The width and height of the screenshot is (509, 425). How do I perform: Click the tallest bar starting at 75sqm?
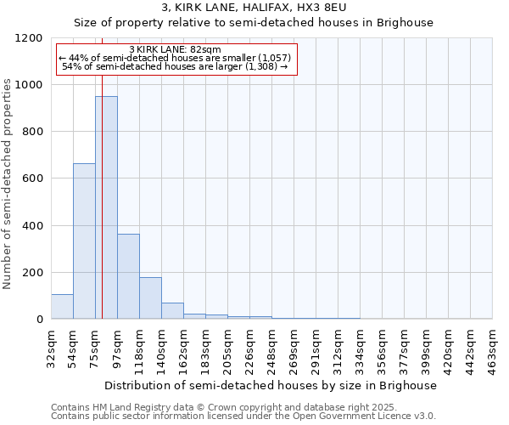tap(106, 207)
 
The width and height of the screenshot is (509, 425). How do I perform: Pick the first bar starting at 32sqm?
tap(62, 307)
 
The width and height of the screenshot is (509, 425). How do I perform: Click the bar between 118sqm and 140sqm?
tap(150, 298)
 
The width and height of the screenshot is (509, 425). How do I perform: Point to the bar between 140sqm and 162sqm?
tap(172, 311)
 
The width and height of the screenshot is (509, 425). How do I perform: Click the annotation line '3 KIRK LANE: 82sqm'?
tap(176, 50)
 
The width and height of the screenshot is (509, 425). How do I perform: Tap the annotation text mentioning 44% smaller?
tap(176, 58)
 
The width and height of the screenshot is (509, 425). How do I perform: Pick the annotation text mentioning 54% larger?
tap(176, 66)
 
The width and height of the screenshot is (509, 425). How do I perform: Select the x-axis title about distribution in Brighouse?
tap(271, 385)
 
